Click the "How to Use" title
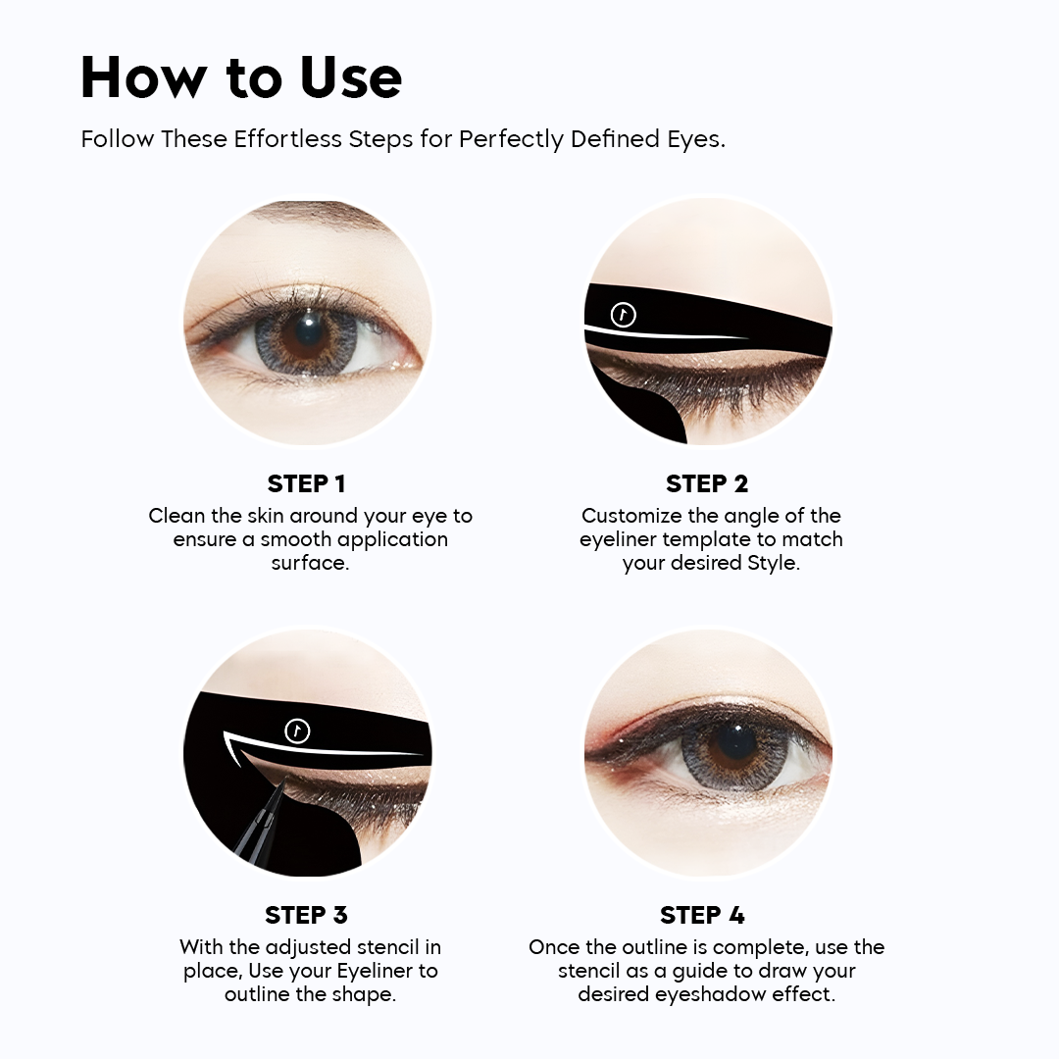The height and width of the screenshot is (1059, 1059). pos(241,77)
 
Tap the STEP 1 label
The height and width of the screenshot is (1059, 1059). pos(307,483)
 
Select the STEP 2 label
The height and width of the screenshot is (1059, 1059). pos(707,483)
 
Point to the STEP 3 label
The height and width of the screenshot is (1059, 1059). pos(307,915)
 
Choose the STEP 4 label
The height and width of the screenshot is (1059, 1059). pos(702,915)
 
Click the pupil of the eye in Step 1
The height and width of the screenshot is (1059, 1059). pos(308,328)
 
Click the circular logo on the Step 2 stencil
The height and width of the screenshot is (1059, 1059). pos(624,315)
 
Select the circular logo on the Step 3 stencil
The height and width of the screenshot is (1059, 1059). pos(297,731)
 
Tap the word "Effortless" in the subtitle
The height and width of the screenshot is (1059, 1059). pos(287,139)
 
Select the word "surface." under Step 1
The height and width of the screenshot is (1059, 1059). pos(311,563)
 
